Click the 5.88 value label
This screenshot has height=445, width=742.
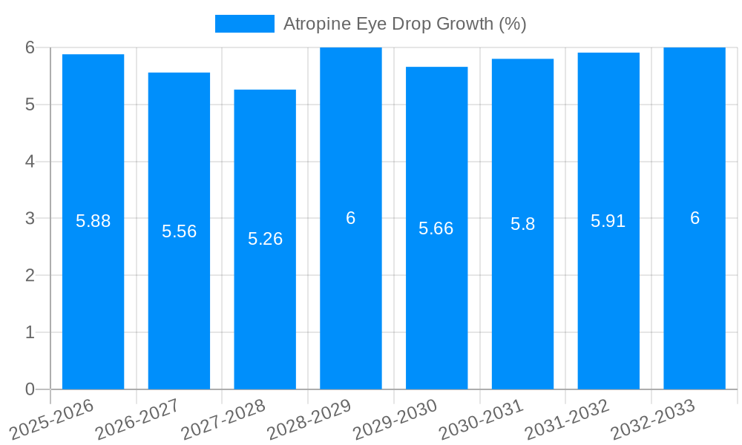[93, 221]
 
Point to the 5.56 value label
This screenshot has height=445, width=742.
[179, 231]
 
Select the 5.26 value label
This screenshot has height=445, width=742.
[265, 239]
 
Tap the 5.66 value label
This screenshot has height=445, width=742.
[436, 228]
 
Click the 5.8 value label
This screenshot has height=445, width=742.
[522, 224]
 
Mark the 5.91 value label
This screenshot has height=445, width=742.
[608, 221]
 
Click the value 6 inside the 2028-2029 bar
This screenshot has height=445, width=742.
[351, 218]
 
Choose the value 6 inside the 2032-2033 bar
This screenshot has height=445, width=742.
[695, 218]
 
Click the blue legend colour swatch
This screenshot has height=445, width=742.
[244, 24]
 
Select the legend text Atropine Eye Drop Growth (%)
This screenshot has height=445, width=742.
[404, 24]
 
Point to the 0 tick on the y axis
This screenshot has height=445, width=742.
[30, 389]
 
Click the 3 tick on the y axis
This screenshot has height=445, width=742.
[30, 219]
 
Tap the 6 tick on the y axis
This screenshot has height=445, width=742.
[30, 47]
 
